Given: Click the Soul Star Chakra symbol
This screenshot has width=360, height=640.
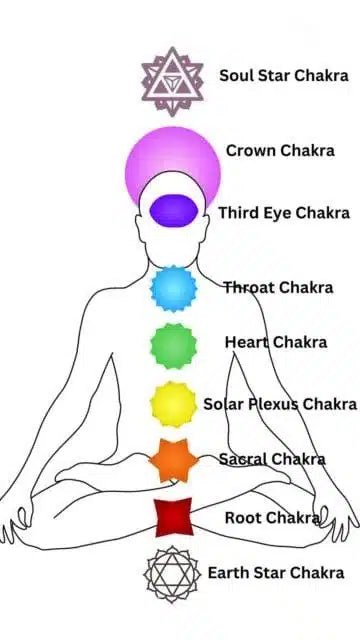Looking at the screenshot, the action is pos(172,80).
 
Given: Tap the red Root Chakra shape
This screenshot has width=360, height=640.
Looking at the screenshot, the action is pos(173,517).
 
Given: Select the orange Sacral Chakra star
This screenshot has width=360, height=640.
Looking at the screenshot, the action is pos(173,460).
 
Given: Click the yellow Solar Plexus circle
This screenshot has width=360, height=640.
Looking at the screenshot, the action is pos(173,404).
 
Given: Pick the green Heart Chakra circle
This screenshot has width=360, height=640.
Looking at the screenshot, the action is pos(173,346).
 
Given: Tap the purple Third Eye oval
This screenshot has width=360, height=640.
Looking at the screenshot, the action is pos(172,209).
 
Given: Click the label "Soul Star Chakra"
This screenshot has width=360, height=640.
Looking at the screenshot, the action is pos(283,76).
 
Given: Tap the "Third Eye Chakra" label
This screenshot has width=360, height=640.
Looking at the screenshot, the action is pos(284,213).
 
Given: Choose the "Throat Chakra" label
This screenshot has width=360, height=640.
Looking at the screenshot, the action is pos(278,288).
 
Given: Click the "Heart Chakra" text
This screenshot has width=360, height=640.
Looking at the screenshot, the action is pos(275,342).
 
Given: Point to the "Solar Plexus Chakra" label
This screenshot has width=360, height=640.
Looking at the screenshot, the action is pos(280,404).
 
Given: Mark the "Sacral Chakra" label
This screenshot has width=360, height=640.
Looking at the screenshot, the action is pos(272,459).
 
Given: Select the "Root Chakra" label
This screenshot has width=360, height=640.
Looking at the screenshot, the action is pos(272,518).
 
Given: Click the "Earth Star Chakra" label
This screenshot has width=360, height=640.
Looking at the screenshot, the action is pos(275,573).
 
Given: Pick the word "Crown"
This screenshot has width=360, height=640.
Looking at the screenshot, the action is pos(251,150).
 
